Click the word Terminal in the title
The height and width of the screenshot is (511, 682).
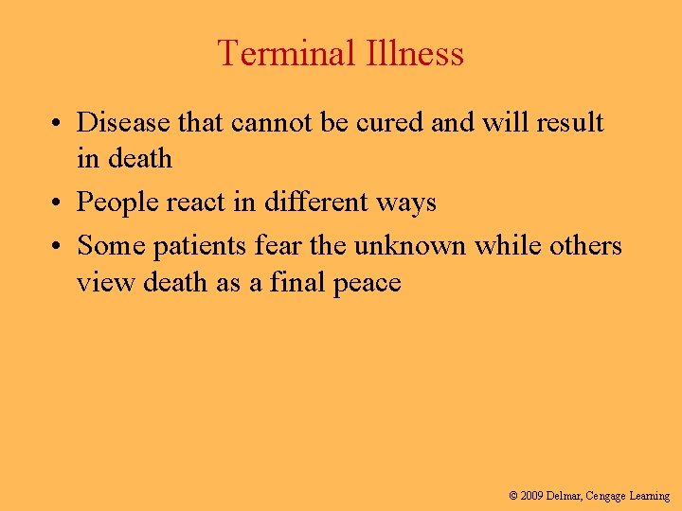276,53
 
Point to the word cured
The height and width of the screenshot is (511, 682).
395,123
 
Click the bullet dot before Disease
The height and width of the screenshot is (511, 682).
59,124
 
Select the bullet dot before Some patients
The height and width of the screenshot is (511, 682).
59,247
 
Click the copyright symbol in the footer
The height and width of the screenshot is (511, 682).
513,496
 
